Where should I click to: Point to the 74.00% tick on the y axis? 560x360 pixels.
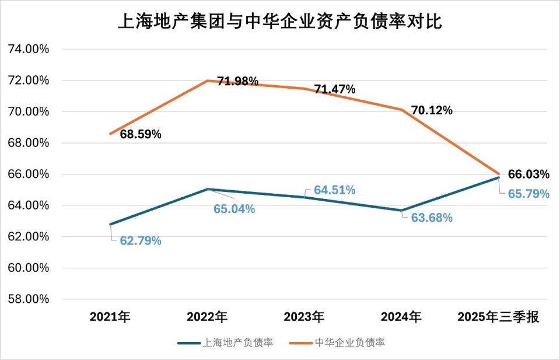tap(29, 49)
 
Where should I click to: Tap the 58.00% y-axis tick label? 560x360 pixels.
tap(29, 299)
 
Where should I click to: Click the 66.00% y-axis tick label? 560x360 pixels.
tap(29, 174)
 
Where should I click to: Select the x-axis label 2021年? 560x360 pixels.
tap(110, 317)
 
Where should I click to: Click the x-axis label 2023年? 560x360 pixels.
tap(304, 317)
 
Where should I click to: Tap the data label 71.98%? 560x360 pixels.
tap(237, 81)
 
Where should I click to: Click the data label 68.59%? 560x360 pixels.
tap(141, 134)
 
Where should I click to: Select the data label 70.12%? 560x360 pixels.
tap(432, 110)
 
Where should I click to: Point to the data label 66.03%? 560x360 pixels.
tap(528, 174)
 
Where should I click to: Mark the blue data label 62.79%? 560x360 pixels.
tap(141, 240)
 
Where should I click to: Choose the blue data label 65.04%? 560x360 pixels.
tap(234, 208)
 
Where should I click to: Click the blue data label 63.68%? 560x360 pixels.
tap(432, 218)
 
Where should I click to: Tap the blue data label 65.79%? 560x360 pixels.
tap(528, 194)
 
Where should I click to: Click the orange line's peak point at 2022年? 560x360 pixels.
tap(208, 81)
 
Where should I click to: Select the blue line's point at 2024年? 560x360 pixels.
tap(401, 211)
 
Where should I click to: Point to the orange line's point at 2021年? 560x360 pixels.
tap(110, 134)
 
